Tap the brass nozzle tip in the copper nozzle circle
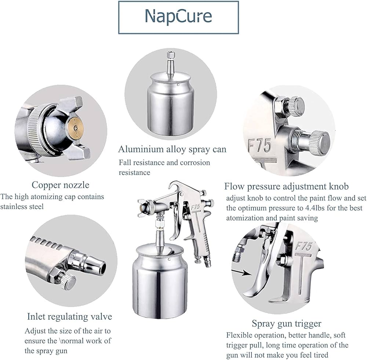pos(75,128)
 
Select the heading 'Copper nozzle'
pos(61,185)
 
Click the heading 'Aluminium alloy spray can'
pos(172,149)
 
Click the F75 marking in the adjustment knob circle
pos(259,146)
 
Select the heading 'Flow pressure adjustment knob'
pos(287,186)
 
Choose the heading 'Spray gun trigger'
pos(287,324)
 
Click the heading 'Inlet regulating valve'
pos(69,316)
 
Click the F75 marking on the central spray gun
pos(195,207)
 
